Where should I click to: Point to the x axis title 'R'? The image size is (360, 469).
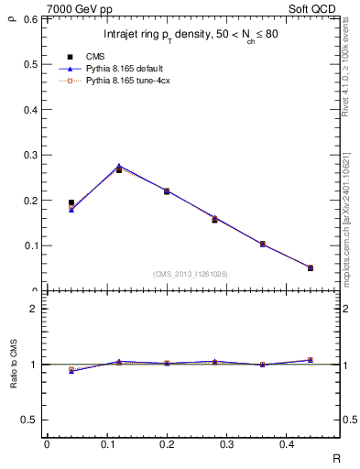(x=336, y=457)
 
